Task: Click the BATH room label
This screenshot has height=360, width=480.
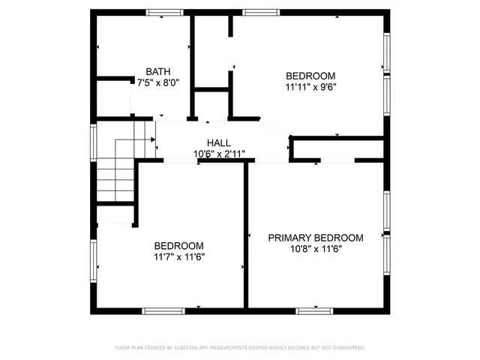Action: (x=158, y=72)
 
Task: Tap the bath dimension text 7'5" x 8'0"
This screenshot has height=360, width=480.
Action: (x=158, y=82)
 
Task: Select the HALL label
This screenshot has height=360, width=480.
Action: (x=219, y=143)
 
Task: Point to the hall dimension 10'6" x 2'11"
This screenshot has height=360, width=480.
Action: (x=219, y=154)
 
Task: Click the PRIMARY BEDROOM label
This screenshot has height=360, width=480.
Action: (x=316, y=238)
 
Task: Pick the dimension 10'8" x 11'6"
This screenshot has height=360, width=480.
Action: (x=316, y=249)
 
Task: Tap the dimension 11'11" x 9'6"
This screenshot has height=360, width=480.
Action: (x=310, y=87)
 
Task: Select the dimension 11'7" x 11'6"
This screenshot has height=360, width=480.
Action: (x=179, y=256)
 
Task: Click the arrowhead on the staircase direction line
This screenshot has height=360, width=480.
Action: (x=153, y=139)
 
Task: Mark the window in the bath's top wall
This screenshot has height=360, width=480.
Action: (x=164, y=13)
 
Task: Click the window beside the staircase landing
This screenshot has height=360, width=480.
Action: (x=93, y=142)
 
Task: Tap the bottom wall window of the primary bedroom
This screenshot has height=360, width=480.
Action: (x=314, y=311)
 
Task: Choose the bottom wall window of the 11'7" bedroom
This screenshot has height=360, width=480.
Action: (x=163, y=311)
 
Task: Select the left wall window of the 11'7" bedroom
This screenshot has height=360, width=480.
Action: (x=93, y=261)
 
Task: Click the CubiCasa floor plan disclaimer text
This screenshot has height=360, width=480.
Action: (x=240, y=348)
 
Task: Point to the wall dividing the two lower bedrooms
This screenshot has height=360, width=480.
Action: (x=246, y=235)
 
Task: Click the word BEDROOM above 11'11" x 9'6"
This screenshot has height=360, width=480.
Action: (x=310, y=76)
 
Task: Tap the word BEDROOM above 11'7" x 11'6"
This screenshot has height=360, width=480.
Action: (x=179, y=246)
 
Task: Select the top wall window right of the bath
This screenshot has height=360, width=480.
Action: (x=261, y=13)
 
